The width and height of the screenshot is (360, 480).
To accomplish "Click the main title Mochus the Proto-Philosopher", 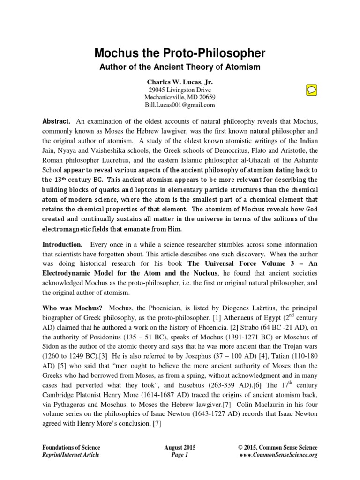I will coord(180,52).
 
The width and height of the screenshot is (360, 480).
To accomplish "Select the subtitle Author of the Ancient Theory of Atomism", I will coord(180,67).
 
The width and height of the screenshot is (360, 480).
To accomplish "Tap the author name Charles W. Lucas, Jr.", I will coord(180,82).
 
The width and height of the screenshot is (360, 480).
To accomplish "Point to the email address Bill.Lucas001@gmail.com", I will coord(180,105).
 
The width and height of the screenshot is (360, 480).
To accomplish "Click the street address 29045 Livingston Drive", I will coord(180,90).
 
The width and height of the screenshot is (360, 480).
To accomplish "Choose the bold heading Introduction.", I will coord(63,245).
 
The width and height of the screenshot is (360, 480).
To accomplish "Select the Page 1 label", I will coord(180,455).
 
